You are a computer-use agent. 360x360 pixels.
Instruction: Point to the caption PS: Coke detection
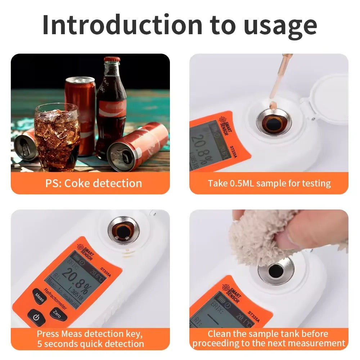point(94,183)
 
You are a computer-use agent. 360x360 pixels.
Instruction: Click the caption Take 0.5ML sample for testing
point(269,183)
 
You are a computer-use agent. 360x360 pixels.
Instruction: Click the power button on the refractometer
point(36,317)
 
